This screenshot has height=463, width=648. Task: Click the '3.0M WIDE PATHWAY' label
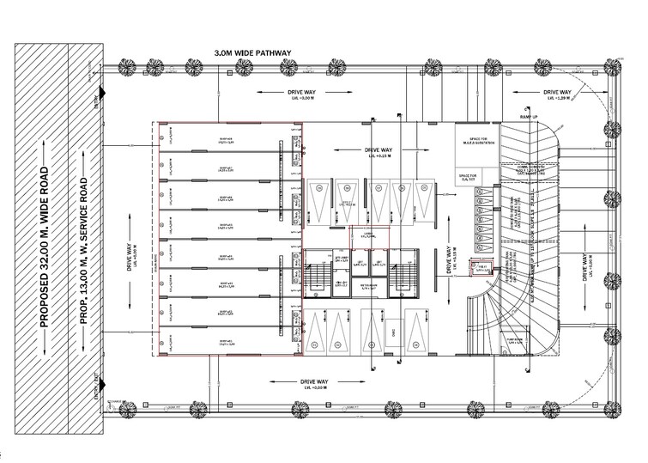click(253, 53)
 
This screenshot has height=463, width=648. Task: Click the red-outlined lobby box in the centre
click(369, 237)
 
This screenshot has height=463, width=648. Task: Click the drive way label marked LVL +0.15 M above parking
click(377, 151)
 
